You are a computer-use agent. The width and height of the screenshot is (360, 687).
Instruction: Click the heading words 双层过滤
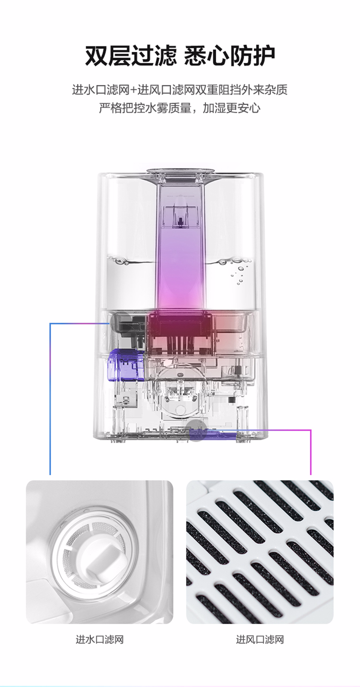pos(131,56)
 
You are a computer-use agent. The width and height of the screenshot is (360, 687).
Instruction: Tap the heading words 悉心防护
pos(229,56)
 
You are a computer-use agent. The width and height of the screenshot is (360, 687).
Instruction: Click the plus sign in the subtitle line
pos(134,90)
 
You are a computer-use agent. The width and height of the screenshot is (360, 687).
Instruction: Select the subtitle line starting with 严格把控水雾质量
pos(180,108)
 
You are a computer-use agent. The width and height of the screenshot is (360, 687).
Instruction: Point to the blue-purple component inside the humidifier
pos(126,364)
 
